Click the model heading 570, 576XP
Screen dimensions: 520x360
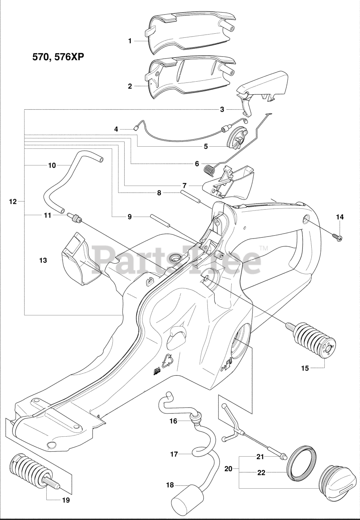(x=58, y=57)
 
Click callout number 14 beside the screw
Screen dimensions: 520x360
(x=340, y=217)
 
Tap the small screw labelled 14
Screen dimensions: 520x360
(x=336, y=236)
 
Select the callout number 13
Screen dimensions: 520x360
(x=43, y=260)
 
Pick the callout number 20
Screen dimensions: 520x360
(x=228, y=468)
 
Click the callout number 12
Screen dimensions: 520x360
(x=13, y=201)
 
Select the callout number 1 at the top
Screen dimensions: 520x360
(x=130, y=41)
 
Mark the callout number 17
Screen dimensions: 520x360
(x=174, y=454)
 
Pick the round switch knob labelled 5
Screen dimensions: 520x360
(x=237, y=139)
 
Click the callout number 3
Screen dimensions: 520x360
(x=222, y=109)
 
